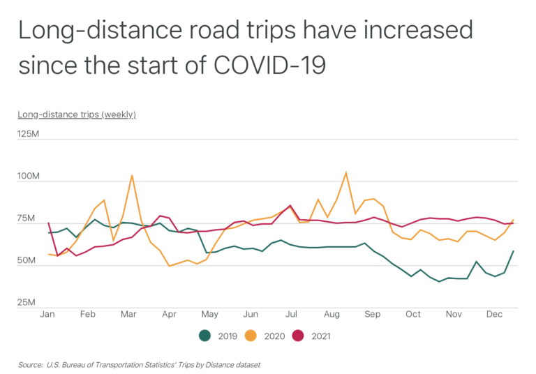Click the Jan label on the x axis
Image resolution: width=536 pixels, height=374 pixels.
47,314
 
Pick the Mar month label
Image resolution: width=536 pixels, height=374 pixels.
128,314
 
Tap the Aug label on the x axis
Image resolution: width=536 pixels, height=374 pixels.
332,314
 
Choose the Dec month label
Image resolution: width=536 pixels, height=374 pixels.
494,314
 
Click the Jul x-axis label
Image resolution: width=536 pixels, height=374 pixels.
291,314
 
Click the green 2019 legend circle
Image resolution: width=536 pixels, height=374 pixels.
205,336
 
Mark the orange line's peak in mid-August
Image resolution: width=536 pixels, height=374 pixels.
345,172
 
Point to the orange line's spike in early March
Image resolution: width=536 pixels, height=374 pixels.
132,175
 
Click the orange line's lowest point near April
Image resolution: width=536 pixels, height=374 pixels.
170,266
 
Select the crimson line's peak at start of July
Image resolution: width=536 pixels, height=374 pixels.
290,206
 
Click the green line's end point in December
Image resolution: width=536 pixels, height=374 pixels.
514,251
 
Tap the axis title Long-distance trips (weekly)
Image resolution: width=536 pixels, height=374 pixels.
77,114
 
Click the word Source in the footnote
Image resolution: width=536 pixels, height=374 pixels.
31,364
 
